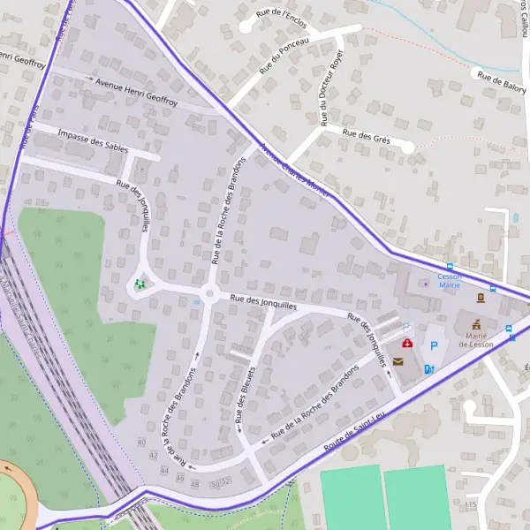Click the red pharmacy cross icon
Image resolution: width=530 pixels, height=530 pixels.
(x=406, y=343)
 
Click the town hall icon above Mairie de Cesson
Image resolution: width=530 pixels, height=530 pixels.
(x=478, y=323)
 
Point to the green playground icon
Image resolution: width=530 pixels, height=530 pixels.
(x=140, y=284)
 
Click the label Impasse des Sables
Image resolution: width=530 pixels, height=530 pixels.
(x=92, y=140)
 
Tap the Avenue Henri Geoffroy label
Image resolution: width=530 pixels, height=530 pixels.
(x=136, y=93)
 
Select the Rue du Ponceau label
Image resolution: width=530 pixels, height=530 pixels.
(x=284, y=55)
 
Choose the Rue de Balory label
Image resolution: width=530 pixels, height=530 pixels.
(x=501, y=81)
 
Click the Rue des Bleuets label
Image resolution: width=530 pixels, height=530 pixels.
(x=245, y=398)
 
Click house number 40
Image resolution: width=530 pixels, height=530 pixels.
(x=141, y=442)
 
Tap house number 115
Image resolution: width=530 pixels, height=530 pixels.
(x=469, y=504)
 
